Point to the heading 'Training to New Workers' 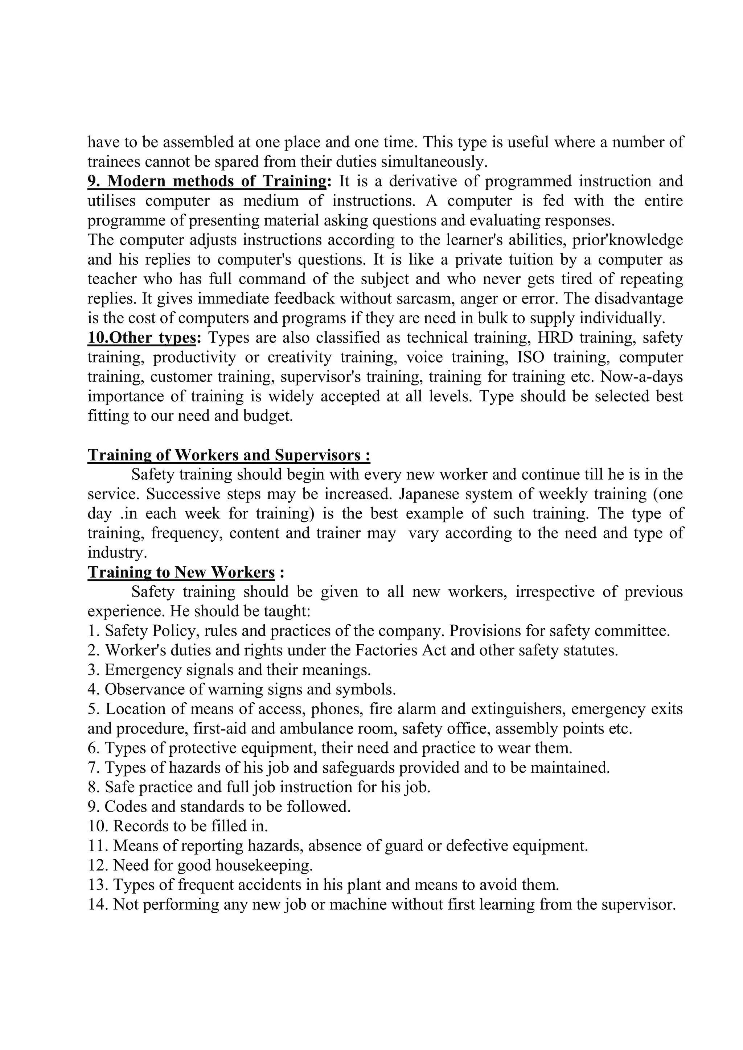pyautogui.click(x=181, y=572)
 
